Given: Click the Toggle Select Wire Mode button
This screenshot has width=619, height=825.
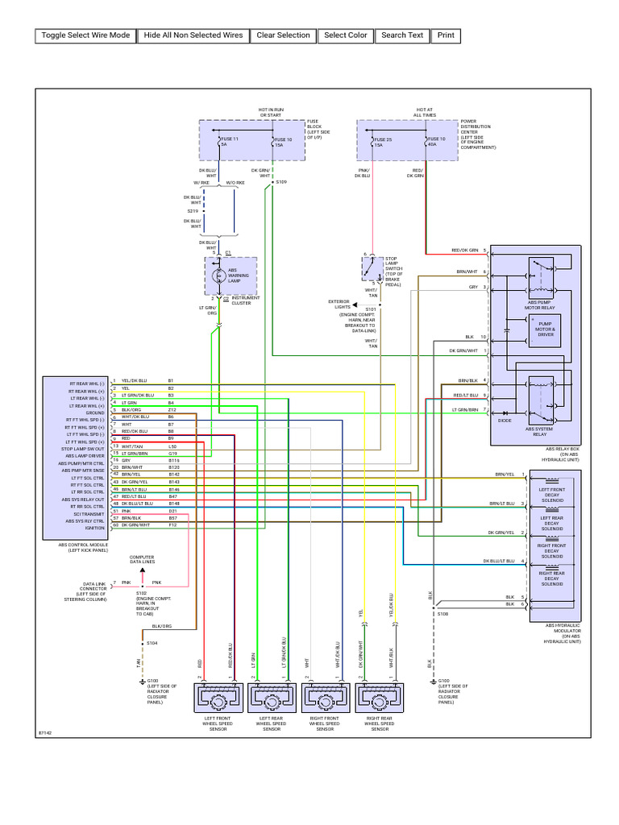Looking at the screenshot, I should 85,35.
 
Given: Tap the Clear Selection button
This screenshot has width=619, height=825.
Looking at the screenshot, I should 283,35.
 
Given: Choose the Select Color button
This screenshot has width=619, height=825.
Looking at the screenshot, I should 346,35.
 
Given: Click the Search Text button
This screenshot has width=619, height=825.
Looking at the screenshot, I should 402,35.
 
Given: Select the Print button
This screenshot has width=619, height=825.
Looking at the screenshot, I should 446,35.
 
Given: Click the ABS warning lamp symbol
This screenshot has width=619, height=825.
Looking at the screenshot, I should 218,276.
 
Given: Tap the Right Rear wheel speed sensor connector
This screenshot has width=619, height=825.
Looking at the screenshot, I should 379,698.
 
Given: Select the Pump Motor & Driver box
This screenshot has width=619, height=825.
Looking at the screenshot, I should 546,330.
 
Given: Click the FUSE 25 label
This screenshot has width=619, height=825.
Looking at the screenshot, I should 383,140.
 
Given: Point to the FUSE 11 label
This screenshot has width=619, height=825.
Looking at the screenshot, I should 230,140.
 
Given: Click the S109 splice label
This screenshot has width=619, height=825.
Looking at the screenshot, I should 281,182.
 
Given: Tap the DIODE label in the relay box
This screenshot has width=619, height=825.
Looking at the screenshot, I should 505,420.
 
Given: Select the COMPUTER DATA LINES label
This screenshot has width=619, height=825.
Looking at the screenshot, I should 143,559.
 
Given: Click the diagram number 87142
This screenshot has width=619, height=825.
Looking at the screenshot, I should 45,733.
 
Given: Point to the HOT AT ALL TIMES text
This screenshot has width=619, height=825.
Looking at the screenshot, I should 425,112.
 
